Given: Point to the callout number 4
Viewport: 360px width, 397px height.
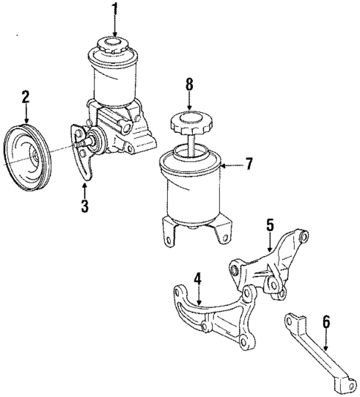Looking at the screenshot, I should click(x=197, y=280).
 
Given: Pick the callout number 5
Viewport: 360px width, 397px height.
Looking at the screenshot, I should click(x=270, y=224).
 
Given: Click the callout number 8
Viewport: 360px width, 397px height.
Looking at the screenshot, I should click(x=189, y=84).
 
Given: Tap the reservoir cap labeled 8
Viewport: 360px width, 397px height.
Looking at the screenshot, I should click(x=189, y=122).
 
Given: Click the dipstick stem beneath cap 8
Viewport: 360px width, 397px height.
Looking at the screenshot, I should click(x=190, y=142).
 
